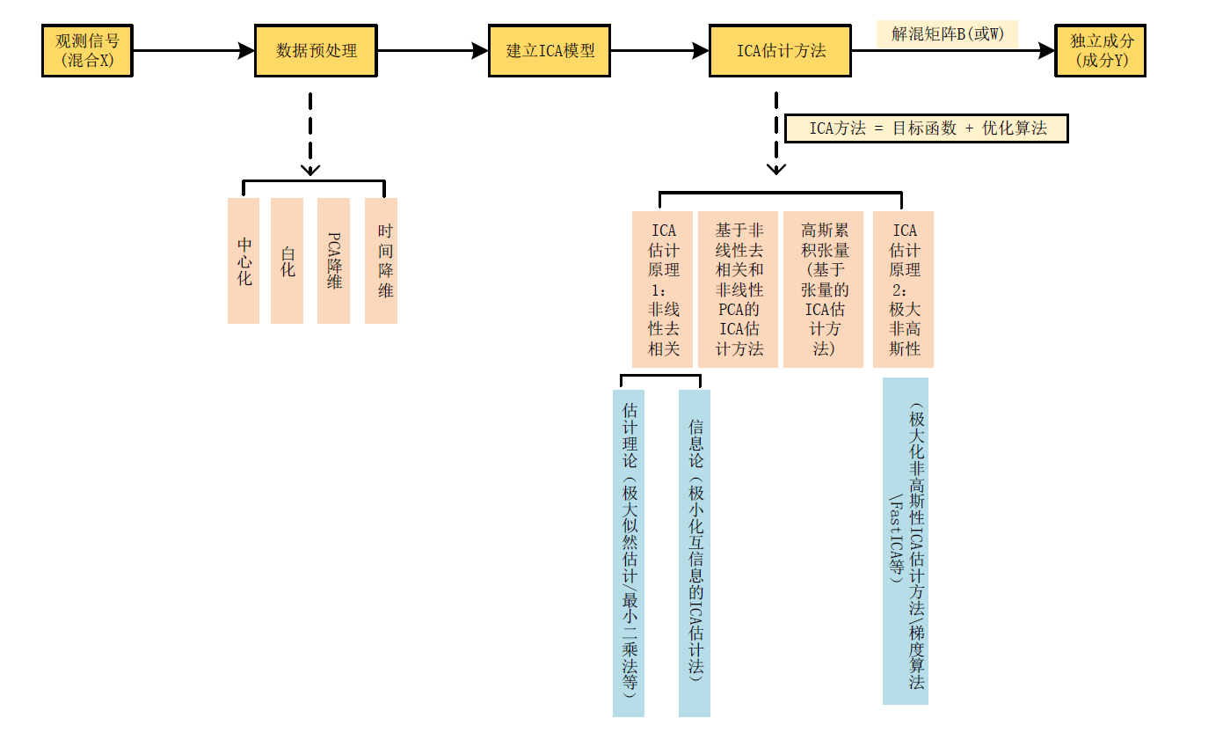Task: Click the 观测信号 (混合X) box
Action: pos(87,51)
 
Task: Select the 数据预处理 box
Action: pos(316,51)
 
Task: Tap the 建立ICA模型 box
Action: pos(550,51)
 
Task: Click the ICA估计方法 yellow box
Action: pos(780,51)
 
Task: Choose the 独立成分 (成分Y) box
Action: pos(1100,51)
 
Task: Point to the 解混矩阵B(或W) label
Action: pos(947,34)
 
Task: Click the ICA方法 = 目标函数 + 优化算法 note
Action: pos(927,128)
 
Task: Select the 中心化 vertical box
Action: pos(244,260)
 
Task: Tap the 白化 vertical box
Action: pos(288,260)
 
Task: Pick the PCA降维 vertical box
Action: pos(333,260)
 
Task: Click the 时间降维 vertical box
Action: pos(382,260)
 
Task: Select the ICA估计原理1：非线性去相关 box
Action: pos(663,290)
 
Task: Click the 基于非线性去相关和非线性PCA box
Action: pos(738,290)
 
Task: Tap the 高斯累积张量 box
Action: pos(825,290)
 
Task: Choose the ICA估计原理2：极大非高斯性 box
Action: pos(903,290)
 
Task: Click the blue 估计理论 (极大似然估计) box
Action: pos(629,553)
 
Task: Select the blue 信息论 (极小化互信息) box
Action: pos(695,553)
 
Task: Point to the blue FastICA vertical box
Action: pos(906,541)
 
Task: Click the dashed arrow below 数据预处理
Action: pos(310,132)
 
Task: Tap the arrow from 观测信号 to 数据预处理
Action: pos(193,51)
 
